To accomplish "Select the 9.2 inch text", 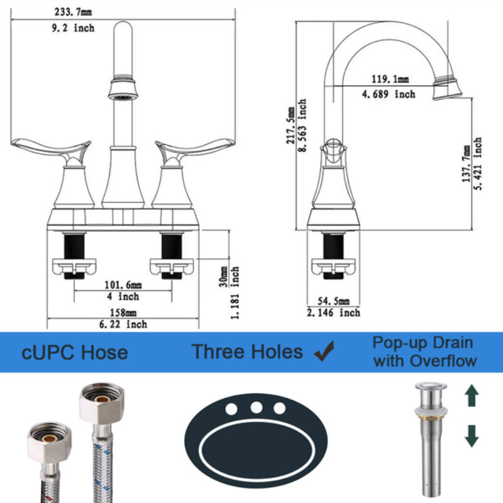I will point(72,28).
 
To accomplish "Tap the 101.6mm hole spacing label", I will point(123,284).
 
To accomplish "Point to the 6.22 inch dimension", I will point(123,324).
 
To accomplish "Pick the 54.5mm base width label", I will point(332,301).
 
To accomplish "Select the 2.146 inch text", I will point(333,312).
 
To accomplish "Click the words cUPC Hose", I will point(75,351).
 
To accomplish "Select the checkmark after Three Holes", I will point(324,351).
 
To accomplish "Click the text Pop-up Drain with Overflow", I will point(424,352).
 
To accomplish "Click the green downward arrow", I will point(472,434).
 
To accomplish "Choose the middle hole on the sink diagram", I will point(256,407).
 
